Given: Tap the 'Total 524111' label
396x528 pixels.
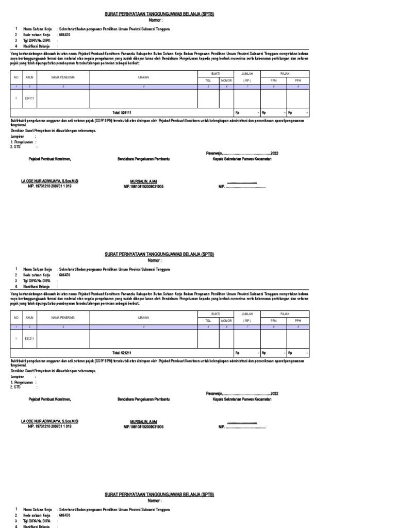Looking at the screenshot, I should click(x=122, y=112).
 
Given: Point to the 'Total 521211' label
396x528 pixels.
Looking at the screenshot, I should click(x=122, y=353).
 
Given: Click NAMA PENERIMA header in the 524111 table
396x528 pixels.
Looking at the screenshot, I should click(x=63, y=77).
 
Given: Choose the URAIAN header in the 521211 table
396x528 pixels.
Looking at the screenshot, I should click(x=143, y=318).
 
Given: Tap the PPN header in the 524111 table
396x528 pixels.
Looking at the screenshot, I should click(x=273, y=80).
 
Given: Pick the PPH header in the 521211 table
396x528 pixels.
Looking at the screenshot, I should click(x=298, y=321).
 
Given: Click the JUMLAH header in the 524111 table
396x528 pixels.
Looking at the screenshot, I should click(x=247, y=74).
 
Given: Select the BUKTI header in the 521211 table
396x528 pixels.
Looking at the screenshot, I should click(x=216, y=314).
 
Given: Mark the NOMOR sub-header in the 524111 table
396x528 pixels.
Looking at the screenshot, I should click(x=226, y=80).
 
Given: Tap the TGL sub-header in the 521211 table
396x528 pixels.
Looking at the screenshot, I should click(x=208, y=321).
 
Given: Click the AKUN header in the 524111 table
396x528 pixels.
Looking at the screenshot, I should click(x=29, y=77).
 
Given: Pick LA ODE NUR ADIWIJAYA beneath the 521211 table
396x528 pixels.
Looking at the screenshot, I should click(x=49, y=422).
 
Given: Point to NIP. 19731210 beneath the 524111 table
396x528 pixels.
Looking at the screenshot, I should click(x=49, y=186).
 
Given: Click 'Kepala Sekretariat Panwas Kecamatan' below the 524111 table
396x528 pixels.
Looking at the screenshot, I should click(x=242, y=159).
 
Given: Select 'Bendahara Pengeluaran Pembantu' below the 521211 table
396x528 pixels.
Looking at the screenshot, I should click(x=144, y=399).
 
